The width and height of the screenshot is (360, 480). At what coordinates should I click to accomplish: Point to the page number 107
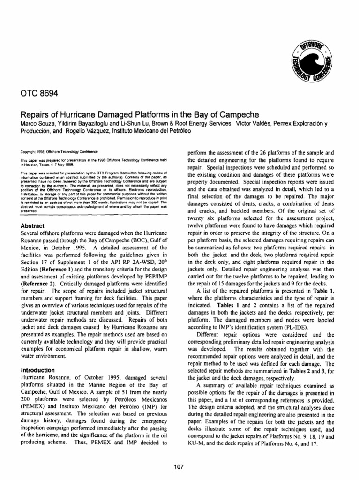pos(180,466)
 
